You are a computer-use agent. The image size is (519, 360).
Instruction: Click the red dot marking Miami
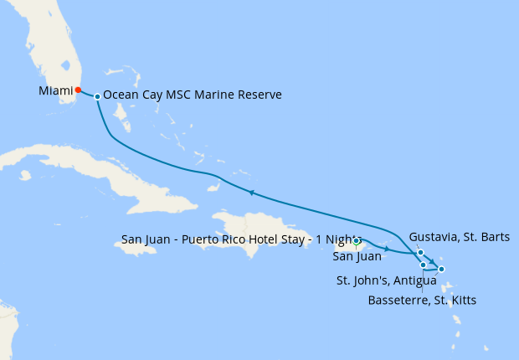(x=78, y=90)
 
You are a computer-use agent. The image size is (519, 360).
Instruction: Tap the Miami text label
(x=54, y=90)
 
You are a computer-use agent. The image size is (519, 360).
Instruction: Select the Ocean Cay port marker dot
(x=97, y=96)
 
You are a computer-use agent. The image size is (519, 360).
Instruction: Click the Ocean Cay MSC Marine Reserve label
(x=193, y=95)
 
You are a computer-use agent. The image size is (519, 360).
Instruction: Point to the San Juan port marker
(x=357, y=241)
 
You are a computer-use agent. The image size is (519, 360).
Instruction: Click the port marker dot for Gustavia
(x=420, y=252)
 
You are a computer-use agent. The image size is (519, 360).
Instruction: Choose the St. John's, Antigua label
(x=386, y=279)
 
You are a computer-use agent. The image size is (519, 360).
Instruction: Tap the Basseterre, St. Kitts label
(x=423, y=299)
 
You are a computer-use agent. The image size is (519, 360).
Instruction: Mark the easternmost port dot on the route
(x=441, y=269)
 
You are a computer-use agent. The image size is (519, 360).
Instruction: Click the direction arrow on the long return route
(x=250, y=193)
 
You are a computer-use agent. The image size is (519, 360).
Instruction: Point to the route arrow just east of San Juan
(x=387, y=249)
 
